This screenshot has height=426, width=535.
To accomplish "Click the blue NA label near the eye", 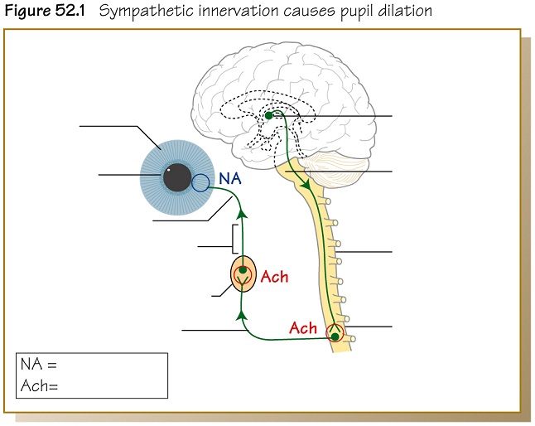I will point(229,177).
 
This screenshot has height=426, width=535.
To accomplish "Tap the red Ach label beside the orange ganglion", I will point(274,277).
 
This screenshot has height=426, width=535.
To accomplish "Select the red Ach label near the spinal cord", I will point(303,328).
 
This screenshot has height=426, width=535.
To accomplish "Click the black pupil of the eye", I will point(176,177).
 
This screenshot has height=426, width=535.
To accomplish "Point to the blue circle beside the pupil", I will point(201,183).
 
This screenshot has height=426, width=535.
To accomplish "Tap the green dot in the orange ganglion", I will point(243,270).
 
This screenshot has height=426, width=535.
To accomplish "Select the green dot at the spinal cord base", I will point(335,336).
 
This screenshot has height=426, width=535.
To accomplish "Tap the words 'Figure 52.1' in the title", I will point(41,12).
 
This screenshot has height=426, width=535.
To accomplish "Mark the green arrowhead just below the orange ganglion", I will point(242,314).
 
